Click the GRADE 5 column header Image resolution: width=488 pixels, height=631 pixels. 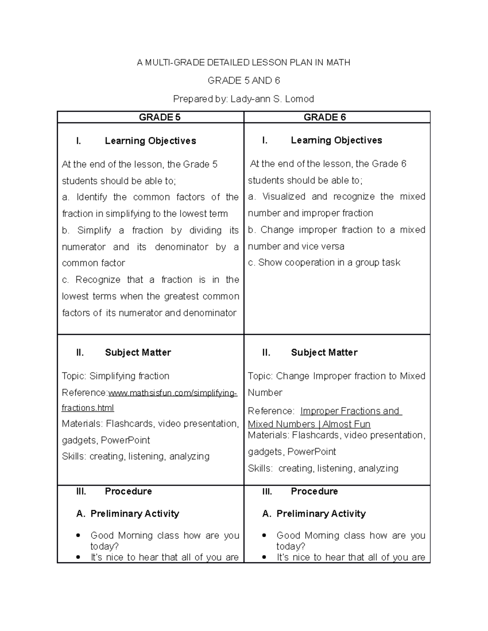[x=159, y=117]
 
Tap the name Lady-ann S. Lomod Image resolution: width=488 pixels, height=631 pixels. [x=272, y=99]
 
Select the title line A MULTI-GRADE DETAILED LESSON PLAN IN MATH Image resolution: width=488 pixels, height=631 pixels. [x=243, y=63]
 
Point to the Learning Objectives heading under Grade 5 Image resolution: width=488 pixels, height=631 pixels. [x=150, y=141]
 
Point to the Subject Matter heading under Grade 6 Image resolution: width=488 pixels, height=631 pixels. [x=324, y=353]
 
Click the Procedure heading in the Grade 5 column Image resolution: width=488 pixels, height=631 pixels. [x=128, y=491]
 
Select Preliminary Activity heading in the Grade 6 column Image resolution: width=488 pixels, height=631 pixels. [x=321, y=514]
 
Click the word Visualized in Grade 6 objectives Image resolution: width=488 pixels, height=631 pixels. [x=283, y=197]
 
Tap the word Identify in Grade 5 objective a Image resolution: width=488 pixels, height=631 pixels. [x=91, y=197]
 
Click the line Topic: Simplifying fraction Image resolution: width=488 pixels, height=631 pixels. [x=115, y=376]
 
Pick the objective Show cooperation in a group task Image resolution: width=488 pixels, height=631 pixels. [x=324, y=263]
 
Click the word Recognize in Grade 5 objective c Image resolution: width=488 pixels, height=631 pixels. [x=98, y=280]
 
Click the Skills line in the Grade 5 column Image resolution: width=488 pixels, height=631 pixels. [x=135, y=457]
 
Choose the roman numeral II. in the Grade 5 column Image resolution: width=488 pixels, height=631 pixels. [x=80, y=353]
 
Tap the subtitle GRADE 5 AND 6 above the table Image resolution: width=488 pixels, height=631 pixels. [x=244, y=80]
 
